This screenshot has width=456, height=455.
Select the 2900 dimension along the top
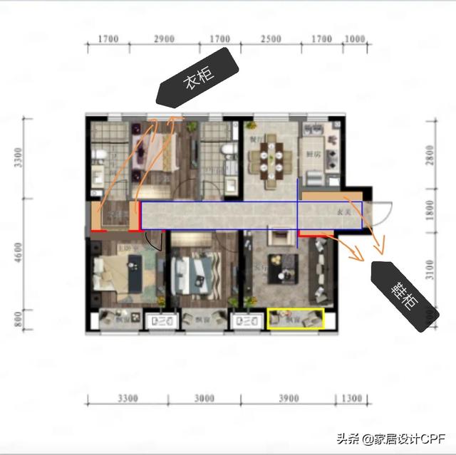click(163, 39)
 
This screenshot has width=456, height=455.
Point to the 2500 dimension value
click(270, 39)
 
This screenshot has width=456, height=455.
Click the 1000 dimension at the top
click(353, 39)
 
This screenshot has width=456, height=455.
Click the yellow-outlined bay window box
click(295, 319)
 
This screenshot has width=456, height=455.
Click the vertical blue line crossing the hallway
click(297, 214)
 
